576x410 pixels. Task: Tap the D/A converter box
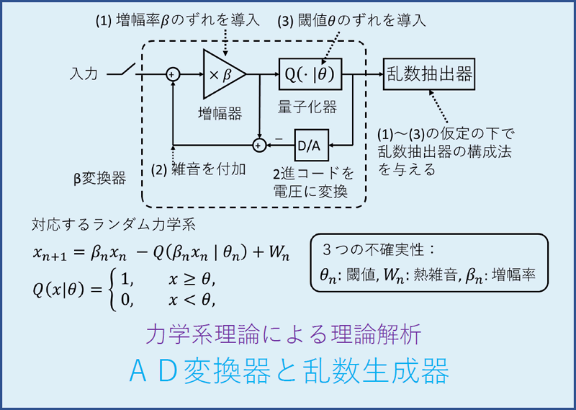(309, 146)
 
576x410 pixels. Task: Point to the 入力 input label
(84, 73)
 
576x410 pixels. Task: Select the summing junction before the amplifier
(173, 73)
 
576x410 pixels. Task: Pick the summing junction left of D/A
(258, 146)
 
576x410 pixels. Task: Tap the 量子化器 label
(307, 107)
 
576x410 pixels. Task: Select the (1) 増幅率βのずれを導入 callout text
(177, 20)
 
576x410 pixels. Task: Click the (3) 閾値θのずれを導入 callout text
(351, 20)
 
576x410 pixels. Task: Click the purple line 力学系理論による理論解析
(288, 334)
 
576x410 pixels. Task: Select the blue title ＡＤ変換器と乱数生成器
(288, 371)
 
